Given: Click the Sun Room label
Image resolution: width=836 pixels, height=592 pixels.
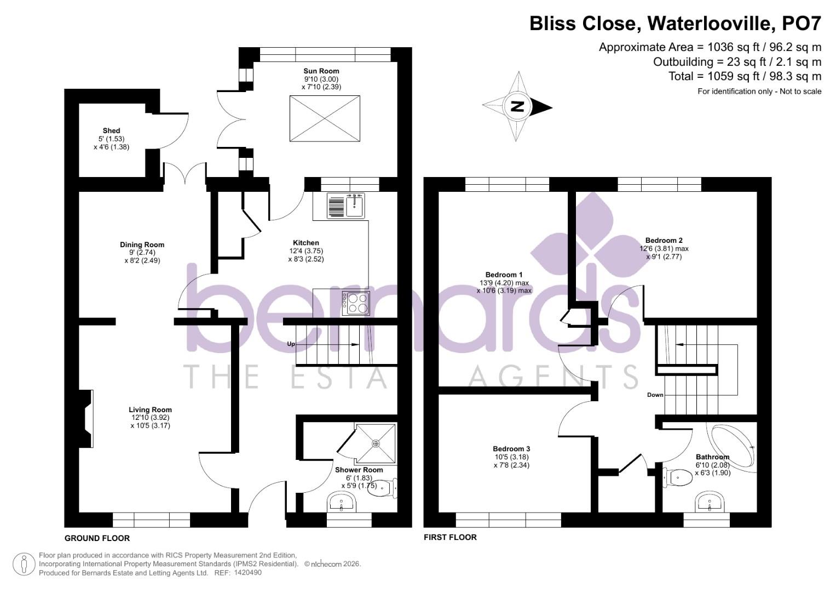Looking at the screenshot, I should [x=321, y=71].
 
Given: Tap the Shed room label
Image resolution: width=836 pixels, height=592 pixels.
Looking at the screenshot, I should [x=111, y=130].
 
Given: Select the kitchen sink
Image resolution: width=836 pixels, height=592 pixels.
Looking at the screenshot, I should [x=347, y=206].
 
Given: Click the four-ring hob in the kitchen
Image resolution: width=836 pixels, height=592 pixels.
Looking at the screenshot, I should [x=356, y=303].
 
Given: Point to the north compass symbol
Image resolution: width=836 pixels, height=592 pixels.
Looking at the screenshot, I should [x=517, y=106].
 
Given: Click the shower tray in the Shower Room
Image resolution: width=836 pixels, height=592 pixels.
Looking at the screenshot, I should [x=376, y=443].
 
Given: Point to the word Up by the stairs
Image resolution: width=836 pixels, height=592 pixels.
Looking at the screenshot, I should [x=291, y=344].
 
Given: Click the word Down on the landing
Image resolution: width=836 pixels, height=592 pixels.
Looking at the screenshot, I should [x=655, y=395].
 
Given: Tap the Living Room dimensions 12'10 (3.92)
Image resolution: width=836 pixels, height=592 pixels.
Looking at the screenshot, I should [x=150, y=417].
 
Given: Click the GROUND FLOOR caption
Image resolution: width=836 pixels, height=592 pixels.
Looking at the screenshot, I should [x=97, y=538].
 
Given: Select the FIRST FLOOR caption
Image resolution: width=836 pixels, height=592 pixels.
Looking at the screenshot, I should [x=450, y=537].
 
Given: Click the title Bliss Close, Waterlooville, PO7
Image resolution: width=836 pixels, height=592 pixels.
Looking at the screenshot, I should [x=675, y=24].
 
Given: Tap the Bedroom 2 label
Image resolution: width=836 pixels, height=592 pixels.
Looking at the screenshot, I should [x=664, y=240].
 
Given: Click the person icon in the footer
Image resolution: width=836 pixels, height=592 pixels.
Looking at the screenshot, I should [x=24, y=564].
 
